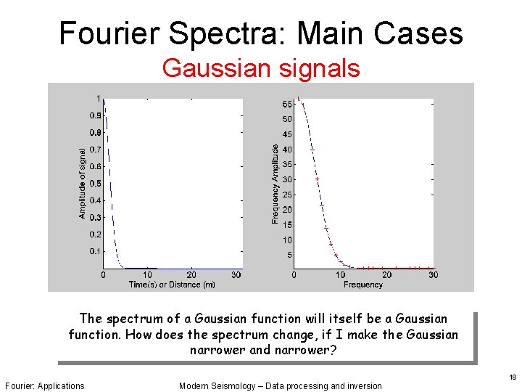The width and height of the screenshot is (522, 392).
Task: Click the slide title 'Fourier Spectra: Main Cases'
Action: tap(260, 33)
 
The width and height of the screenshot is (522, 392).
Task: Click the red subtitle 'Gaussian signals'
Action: tap(260, 68)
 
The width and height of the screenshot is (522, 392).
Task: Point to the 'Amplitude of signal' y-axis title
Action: tap(83, 183)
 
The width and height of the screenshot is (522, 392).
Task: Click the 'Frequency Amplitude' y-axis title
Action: tap(275, 183)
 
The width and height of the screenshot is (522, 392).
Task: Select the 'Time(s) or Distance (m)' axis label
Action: tap(172, 285)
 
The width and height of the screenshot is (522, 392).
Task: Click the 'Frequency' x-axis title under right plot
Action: tap(362, 285)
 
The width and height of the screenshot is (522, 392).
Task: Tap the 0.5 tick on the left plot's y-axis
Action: tap(95, 184)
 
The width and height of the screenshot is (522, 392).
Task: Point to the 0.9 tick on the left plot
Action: tap(95, 115)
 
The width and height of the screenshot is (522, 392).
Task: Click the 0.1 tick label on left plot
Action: tap(95, 251)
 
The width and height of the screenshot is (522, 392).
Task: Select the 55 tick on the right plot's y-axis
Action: tap(287, 104)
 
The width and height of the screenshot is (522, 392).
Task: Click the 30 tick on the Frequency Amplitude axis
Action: tap(287, 179)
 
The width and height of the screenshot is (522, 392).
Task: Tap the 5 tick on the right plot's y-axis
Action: tap(289, 255)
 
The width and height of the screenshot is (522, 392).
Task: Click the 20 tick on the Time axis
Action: tap(191, 275)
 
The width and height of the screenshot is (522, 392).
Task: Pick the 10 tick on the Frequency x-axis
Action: tap(340, 275)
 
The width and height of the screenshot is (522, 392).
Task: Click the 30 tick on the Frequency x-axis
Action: tap(433, 275)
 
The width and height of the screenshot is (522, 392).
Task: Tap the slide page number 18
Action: tap(512, 377)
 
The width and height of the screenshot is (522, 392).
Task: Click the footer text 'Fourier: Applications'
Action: tap(44, 385)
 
